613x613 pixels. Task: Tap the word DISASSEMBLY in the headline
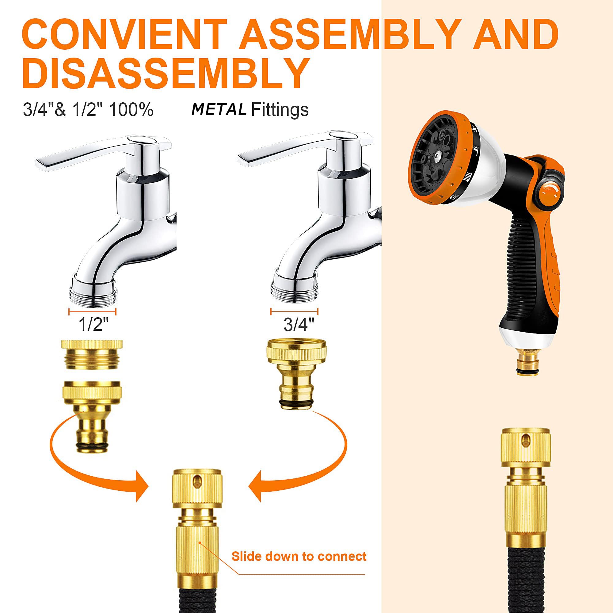tap(166, 73)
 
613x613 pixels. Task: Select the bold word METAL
tap(219, 110)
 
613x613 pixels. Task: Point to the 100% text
tap(131, 110)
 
